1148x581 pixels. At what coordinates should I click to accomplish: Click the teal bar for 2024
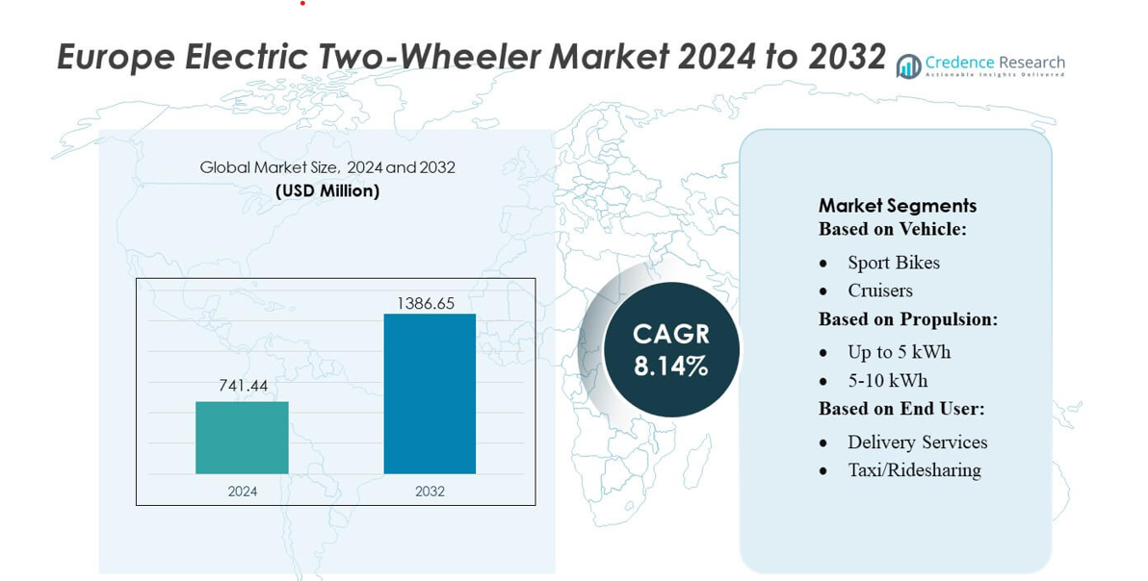tap(242, 438)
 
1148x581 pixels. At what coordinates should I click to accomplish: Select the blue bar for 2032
tap(430, 393)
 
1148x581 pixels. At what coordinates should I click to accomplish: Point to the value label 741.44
tap(243, 386)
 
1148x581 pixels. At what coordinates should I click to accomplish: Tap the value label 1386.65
tap(426, 303)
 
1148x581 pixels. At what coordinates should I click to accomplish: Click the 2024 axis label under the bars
tap(243, 492)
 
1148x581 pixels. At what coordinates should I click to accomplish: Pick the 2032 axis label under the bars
tap(430, 492)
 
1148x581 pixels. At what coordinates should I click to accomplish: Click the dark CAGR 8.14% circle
tap(671, 349)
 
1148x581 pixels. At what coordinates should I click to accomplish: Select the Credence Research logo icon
tap(908, 65)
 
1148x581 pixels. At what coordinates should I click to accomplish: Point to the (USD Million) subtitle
tap(327, 190)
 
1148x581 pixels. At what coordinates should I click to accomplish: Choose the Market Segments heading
tap(898, 205)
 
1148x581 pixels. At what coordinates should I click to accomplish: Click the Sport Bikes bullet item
tap(894, 263)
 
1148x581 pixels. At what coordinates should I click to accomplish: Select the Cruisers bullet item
tap(880, 290)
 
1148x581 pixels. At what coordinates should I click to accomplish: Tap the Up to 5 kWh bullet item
tap(900, 352)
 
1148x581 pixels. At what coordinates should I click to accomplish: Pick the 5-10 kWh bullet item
tap(888, 380)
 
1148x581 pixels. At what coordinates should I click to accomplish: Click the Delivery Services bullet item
tap(918, 442)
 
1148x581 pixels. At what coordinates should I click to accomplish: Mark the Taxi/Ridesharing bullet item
tap(914, 470)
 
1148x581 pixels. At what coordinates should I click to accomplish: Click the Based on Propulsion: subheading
tap(908, 319)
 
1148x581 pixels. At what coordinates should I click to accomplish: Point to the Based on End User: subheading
tap(901, 409)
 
